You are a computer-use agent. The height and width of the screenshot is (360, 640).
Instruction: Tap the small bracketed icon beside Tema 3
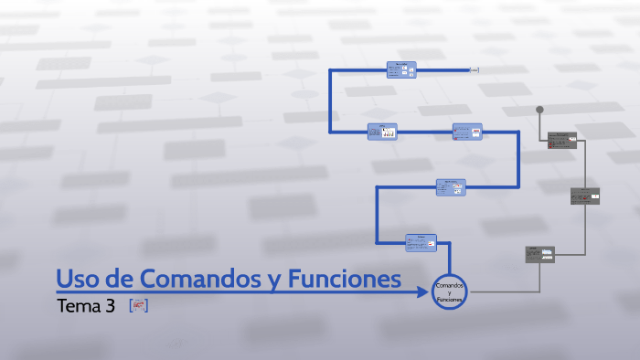[x=138, y=306]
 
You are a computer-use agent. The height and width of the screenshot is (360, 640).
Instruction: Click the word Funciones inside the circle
[x=450, y=300]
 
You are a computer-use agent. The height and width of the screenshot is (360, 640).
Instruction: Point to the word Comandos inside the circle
[x=450, y=286]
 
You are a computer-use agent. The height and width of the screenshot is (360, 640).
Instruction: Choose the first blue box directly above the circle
[x=421, y=242]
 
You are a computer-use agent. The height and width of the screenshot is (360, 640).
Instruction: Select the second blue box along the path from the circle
[x=450, y=186]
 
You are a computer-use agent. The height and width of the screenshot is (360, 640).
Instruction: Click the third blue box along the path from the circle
[x=467, y=132]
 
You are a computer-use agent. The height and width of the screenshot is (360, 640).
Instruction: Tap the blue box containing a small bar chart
[x=382, y=132]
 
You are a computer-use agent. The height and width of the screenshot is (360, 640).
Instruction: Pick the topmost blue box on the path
[x=401, y=69]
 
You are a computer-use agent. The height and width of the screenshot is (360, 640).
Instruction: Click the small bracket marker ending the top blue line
[x=475, y=69]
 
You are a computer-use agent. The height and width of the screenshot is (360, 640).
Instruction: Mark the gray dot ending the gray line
[x=539, y=110]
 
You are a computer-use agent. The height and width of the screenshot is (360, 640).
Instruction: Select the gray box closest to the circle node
[x=539, y=254]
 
